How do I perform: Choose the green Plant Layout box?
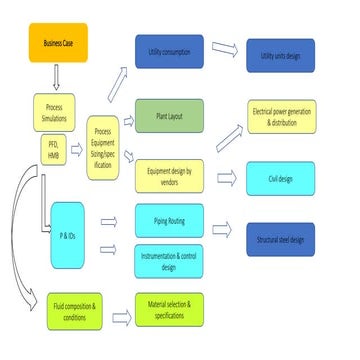[x=169, y=116]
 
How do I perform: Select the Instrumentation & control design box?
[x=169, y=260]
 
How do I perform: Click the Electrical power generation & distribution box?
[x=294, y=120]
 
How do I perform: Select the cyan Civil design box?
[x=294, y=180]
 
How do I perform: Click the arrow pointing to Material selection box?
[x=121, y=318]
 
